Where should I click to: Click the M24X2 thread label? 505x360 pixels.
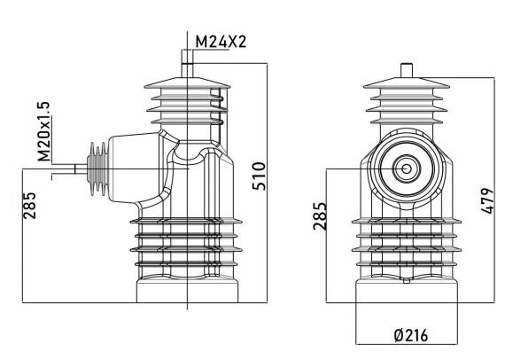click(221, 42)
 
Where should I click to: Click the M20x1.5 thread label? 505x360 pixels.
click(43, 131)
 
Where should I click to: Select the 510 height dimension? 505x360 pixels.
click(259, 176)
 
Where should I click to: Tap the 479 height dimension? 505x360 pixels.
click(486, 200)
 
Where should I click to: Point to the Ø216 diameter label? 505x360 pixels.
click(411, 335)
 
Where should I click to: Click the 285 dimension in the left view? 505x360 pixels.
click(29, 206)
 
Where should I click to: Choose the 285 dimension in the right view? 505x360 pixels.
click(320, 216)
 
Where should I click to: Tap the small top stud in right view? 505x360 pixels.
click(407, 71)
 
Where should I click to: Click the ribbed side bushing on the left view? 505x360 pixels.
click(97, 168)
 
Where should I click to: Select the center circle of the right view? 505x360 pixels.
click(407, 168)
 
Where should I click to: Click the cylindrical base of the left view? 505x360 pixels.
click(188, 290)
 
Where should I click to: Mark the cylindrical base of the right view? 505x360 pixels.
click(407, 292)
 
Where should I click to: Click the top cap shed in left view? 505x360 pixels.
click(187, 82)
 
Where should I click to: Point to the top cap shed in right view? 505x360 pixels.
click(407, 82)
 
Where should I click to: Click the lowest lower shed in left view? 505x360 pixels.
click(187, 264)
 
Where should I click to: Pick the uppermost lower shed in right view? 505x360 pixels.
click(407, 221)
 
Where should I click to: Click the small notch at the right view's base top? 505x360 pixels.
click(407, 280)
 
